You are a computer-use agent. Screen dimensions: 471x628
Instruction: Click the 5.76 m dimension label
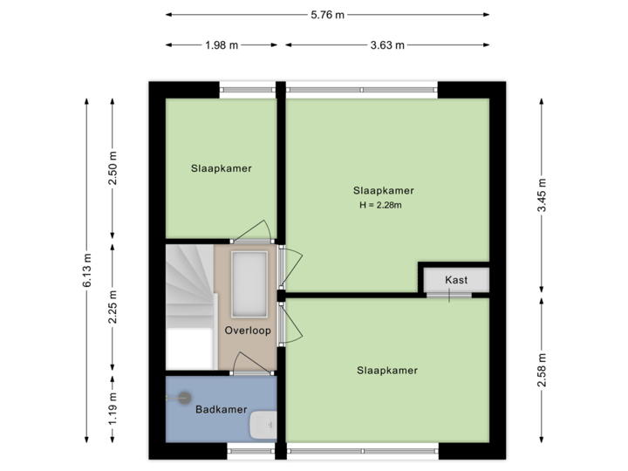[328, 15]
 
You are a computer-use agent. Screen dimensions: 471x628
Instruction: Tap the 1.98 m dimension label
[222, 45]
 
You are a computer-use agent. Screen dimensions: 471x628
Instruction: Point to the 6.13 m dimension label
[86, 272]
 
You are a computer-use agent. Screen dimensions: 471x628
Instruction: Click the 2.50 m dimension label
[113, 168]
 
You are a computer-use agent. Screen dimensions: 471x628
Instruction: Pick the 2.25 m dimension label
[113, 307]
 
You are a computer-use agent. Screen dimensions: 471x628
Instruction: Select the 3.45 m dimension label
[543, 195]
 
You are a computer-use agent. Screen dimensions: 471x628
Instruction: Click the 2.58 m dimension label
[543, 370]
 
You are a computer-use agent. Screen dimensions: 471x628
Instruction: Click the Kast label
[455, 280]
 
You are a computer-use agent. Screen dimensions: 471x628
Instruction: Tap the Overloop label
[248, 331]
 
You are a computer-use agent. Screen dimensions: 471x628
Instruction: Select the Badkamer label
[221, 409]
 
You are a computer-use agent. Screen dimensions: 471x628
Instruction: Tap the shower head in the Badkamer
[182, 398]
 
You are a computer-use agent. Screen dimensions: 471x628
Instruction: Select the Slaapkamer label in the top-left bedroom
[222, 168]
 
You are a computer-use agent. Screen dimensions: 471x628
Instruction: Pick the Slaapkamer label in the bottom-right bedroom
[387, 370]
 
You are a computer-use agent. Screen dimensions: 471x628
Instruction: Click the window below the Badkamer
[251, 450]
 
